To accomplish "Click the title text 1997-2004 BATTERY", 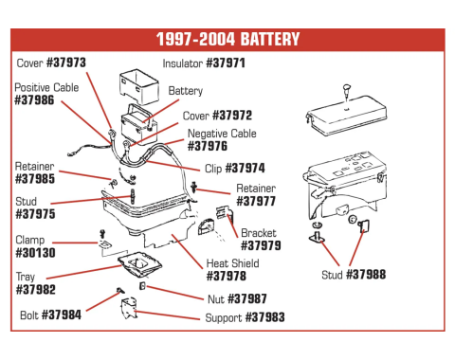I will pos(227,40).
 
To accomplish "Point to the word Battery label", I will pos(186,91).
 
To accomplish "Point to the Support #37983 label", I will pos(245,317).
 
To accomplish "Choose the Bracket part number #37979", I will pos(261,245).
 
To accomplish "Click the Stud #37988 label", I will pos(354,276).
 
